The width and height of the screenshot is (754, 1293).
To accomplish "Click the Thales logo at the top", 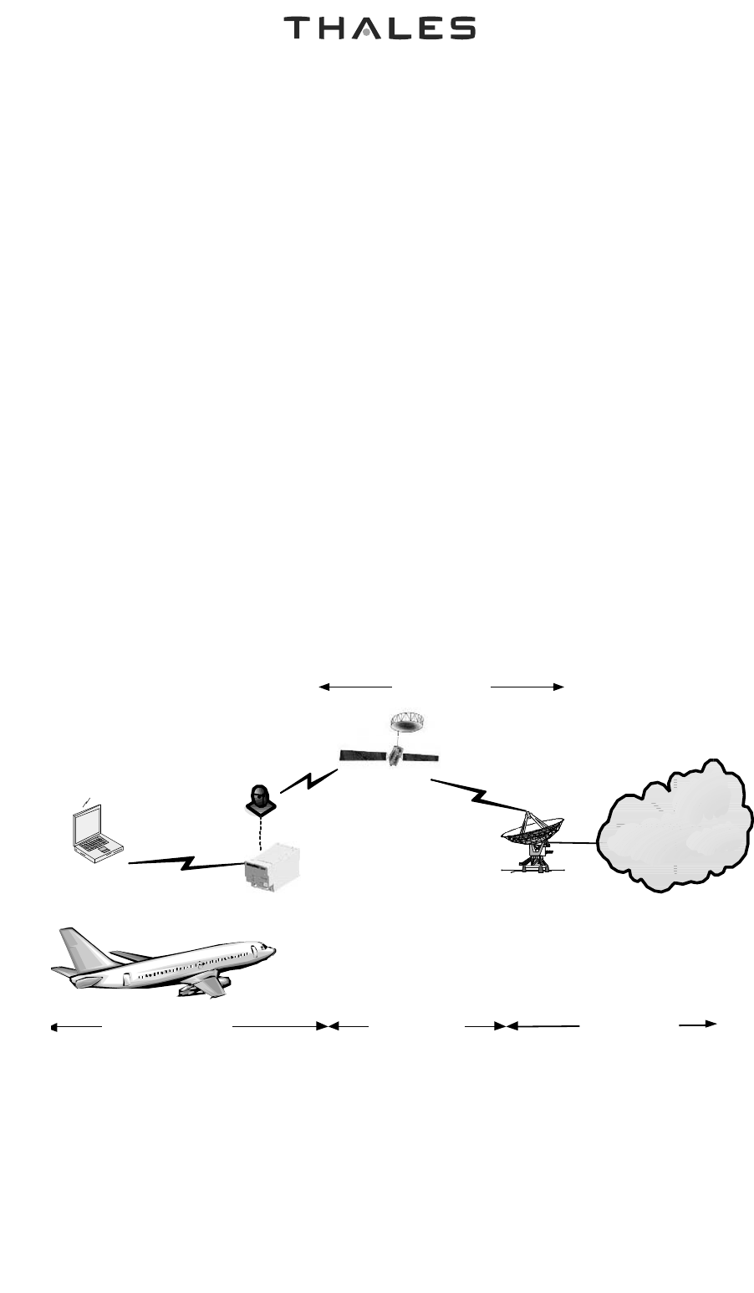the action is pyautogui.click(x=380, y=28).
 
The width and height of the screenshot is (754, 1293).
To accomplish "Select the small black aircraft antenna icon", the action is pyautogui.click(x=259, y=800).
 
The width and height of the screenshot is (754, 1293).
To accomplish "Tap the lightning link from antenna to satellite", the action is pyautogui.click(x=309, y=781).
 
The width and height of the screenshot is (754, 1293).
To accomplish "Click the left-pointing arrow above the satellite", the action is pyautogui.click(x=356, y=687).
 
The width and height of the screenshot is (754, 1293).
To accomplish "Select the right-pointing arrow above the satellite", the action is pyautogui.click(x=527, y=687).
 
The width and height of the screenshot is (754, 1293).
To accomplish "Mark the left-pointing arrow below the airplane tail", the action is pyautogui.click(x=76, y=1025).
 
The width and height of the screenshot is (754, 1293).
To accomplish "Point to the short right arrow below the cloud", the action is pyautogui.click(x=698, y=1023).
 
